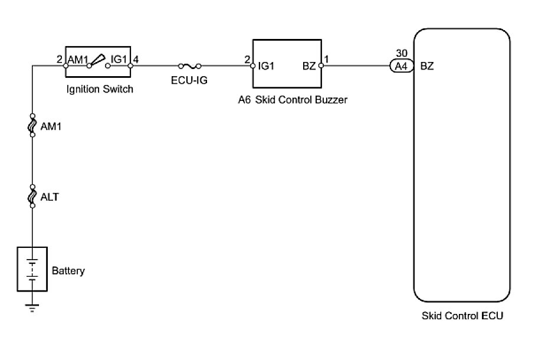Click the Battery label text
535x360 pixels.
tap(68, 271)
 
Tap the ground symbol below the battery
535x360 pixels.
tap(32, 306)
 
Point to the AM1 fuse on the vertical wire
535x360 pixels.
tap(32, 125)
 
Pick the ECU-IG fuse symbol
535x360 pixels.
tap(190, 66)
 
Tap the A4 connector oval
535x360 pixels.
tap(401, 66)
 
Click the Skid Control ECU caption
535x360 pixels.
tap(462, 316)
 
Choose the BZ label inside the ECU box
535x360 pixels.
tap(427, 66)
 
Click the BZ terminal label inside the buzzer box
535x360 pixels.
tap(309, 66)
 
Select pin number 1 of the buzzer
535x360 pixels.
tap(327, 59)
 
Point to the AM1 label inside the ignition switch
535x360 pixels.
tap(78, 60)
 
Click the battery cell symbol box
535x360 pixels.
tap(32, 269)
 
